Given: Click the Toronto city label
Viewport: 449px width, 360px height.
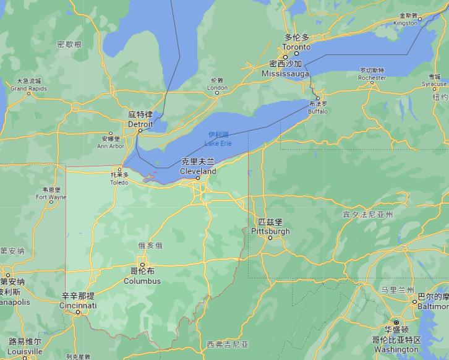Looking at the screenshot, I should tap(296, 46).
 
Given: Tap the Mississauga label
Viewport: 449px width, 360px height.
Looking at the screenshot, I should tap(285, 74).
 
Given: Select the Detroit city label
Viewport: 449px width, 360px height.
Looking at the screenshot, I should tap(140, 124).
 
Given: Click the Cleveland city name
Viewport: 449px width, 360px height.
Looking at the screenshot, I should tap(198, 171).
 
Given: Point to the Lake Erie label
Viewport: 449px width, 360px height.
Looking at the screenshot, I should tap(218, 144).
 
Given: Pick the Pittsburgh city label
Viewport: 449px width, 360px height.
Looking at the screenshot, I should tap(270, 231).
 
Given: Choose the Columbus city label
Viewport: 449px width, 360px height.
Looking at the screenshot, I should tap(142, 281).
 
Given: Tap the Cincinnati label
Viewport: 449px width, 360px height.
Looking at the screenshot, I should tap(78, 306).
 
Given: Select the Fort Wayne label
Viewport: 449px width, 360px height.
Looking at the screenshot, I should tap(51, 198).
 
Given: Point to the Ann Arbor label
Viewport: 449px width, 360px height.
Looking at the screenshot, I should tap(111, 146).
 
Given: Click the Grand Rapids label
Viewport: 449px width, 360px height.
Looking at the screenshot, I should tap(28, 89).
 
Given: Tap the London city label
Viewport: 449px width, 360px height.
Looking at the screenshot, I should tap(217, 88).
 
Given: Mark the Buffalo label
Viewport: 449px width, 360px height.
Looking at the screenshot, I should tap(318, 111).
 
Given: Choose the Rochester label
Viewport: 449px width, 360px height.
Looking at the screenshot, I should tap(372, 78).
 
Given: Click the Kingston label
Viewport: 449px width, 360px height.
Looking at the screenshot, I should tap(406, 23).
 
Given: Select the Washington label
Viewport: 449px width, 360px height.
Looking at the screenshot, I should tap(396, 349).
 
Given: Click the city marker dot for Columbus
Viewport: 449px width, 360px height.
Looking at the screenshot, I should tap(142, 262).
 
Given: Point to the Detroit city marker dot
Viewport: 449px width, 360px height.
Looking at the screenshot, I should tap(140, 131).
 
